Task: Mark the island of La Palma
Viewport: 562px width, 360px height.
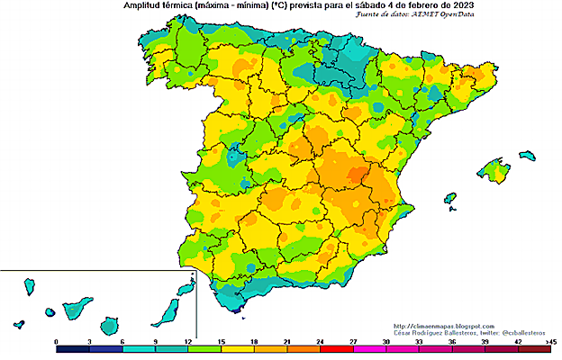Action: pos(29,288)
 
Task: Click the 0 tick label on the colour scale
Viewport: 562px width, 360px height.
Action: pos(57,342)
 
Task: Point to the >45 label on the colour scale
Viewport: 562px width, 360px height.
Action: pos(551,342)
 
